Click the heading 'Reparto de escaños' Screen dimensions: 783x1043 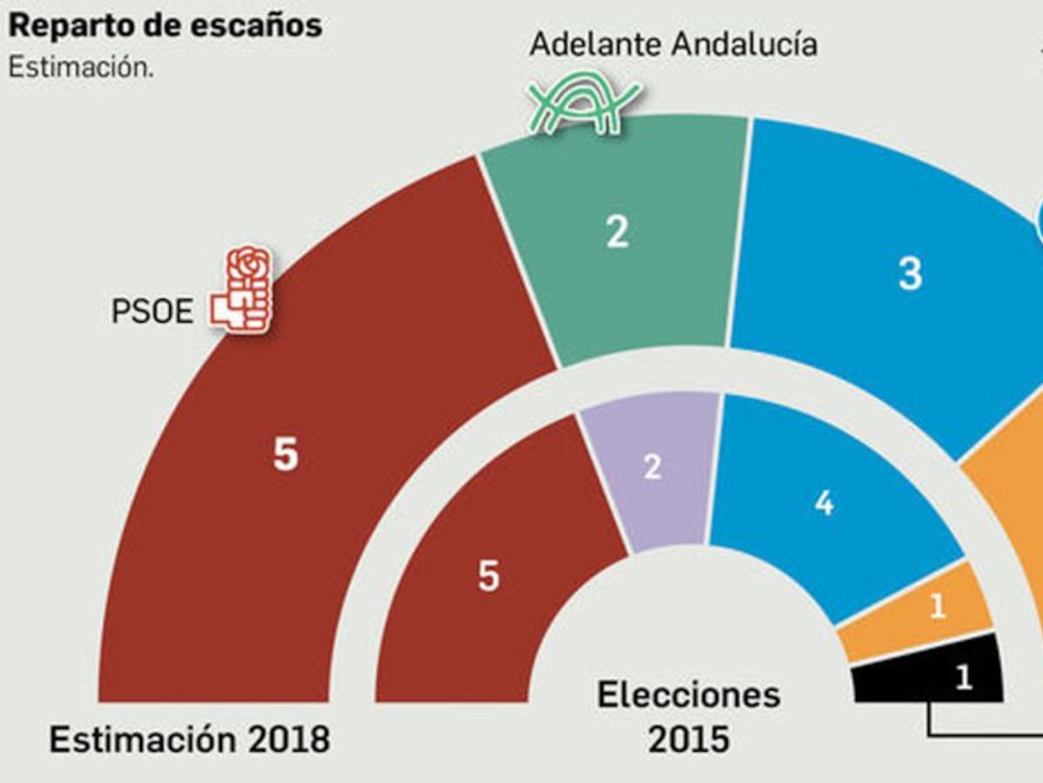coord(165,25)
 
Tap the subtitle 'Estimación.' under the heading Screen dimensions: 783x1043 coord(81,69)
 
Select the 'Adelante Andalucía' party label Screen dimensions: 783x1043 coord(674,43)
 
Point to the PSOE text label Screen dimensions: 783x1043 coord(152,311)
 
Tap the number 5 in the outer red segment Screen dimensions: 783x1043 coord(285,455)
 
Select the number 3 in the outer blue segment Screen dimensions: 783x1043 coord(909,275)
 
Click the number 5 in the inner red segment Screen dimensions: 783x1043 coord(488,576)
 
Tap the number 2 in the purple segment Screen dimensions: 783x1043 coord(653,467)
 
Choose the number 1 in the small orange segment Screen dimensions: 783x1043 coord(937,607)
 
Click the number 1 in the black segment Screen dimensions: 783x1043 coord(963,678)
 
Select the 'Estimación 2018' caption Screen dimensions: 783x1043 coord(189,739)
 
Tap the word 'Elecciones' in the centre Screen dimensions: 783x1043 coord(688,695)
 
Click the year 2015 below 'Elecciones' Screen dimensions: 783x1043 coord(688,739)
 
